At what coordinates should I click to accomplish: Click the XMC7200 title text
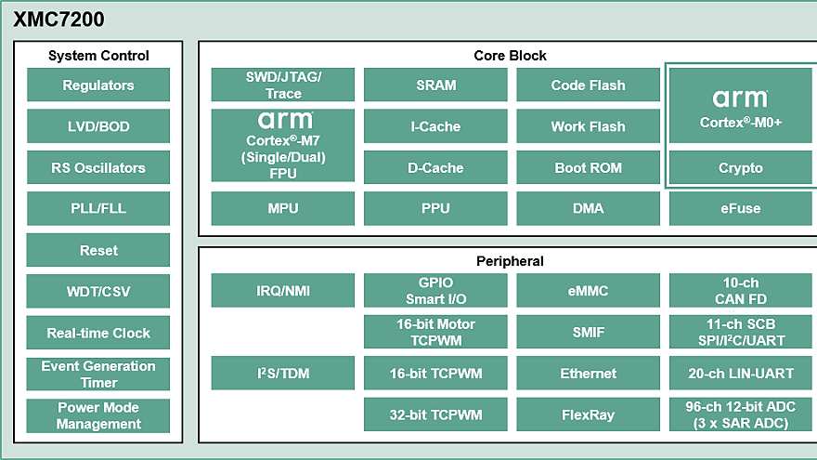58,19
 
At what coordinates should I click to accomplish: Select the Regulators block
98,85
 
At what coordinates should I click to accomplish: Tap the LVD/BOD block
98,126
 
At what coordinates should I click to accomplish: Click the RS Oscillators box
98,168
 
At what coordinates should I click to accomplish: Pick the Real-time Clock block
98,333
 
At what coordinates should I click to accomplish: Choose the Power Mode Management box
98,415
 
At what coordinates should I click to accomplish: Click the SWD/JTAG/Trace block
283,85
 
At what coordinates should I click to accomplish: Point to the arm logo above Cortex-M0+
740,98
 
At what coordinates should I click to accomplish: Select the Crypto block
740,168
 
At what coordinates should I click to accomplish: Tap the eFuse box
740,208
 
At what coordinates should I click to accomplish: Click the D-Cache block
435,168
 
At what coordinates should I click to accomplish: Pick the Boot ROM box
588,168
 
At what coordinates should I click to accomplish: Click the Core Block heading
510,56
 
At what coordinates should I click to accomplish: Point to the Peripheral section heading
510,261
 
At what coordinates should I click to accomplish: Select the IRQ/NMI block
283,291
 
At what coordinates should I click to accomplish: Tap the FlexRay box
588,414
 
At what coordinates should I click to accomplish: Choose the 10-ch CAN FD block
740,291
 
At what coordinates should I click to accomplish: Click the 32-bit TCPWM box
435,414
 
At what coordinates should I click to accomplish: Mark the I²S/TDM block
283,374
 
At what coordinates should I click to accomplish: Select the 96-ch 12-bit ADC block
740,414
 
